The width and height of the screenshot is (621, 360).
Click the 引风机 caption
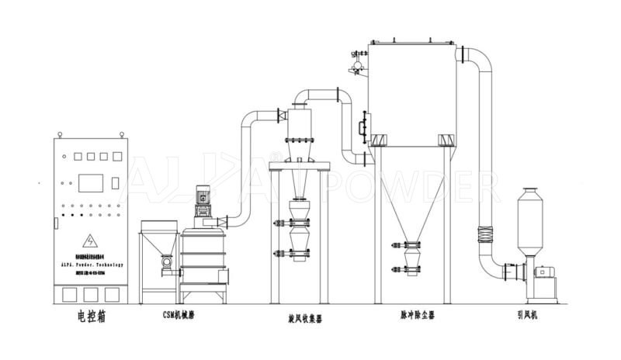pyautogui.click(x=533, y=316)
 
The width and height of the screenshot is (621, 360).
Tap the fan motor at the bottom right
pyautogui.click(x=544, y=272)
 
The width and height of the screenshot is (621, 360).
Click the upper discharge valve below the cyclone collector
pyautogui.click(x=300, y=224)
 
